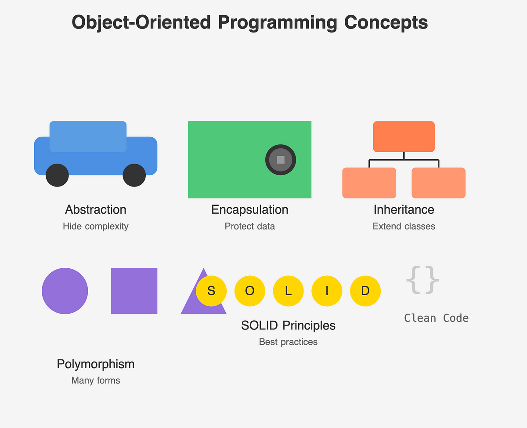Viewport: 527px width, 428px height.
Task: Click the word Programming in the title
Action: click(278, 22)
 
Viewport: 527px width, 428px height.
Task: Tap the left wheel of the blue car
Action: click(57, 175)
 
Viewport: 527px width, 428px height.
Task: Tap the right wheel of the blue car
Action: click(134, 175)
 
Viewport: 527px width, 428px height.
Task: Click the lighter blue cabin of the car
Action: click(88, 136)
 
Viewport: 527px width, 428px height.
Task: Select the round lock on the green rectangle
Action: click(280, 160)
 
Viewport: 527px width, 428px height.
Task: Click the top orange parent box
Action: click(404, 136)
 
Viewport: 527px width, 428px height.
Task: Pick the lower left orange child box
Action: click(369, 183)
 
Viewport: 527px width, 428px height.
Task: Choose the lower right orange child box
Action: click(438, 183)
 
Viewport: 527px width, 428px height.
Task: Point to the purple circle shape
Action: click(65, 291)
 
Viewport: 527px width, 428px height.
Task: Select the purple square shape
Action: click(134, 291)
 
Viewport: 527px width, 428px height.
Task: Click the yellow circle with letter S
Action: click(211, 291)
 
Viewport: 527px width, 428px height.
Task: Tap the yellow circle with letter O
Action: click(249, 291)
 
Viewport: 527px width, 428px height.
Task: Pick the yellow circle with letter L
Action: click(288, 291)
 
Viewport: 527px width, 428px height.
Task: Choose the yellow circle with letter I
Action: click(327, 291)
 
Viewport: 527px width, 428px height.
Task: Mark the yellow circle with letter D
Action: click(365, 291)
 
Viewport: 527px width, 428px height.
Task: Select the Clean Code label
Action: click(436, 318)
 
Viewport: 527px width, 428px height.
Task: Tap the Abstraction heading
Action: click(95, 210)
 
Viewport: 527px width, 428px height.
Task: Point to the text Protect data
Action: click(249, 226)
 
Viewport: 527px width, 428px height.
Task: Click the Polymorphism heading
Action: click(95, 364)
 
